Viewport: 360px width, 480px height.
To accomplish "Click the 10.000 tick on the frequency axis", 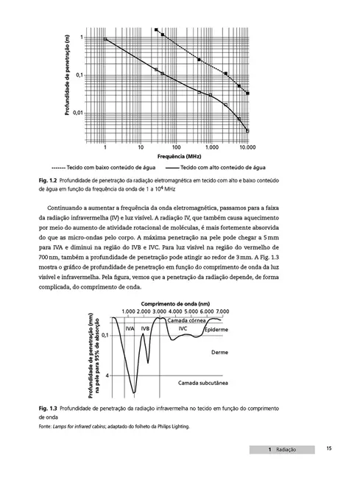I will pos(248,147).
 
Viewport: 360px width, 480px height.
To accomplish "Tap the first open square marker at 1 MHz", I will pos(106,39).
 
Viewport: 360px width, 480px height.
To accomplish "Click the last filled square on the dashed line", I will pos(247,93).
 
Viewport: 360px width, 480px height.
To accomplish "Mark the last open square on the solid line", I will pos(247,130).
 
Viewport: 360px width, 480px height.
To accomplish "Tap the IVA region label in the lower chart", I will pos(130,328).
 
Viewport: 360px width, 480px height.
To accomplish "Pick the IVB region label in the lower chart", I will pos(146,328).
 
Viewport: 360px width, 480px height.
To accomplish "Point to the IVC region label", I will pos(183,328).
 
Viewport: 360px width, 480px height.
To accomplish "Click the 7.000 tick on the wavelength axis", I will pos(221,312).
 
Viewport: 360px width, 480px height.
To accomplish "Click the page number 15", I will pos(329,448).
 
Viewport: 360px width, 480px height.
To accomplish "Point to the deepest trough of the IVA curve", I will pos(133,392).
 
